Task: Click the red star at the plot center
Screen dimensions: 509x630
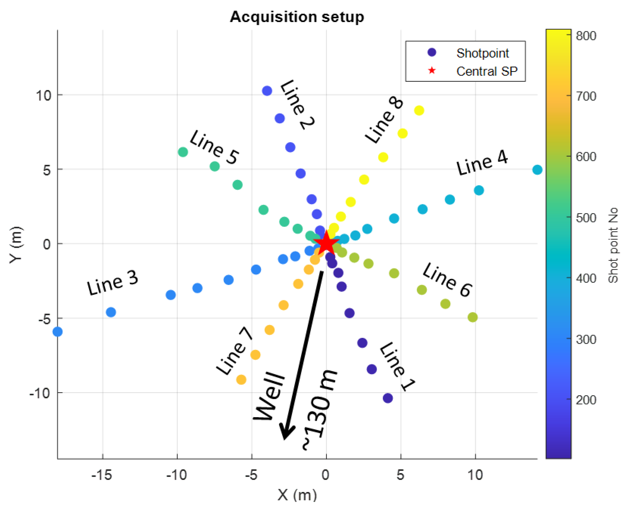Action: (x=326, y=243)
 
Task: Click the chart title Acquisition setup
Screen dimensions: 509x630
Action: (x=297, y=17)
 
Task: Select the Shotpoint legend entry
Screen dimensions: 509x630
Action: (x=482, y=53)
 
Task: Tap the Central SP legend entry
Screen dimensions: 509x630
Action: (x=487, y=71)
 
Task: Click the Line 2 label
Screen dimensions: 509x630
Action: (x=297, y=105)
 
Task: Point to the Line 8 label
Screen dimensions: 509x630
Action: (x=384, y=121)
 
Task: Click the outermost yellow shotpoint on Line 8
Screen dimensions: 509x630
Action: (x=419, y=110)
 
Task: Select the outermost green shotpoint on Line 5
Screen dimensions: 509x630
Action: (x=183, y=152)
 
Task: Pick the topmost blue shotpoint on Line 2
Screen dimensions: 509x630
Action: (x=267, y=91)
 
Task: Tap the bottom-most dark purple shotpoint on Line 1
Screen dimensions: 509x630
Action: (x=388, y=398)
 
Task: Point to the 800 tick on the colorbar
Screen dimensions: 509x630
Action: (x=586, y=36)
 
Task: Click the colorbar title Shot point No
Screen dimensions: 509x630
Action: (x=613, y=245)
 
